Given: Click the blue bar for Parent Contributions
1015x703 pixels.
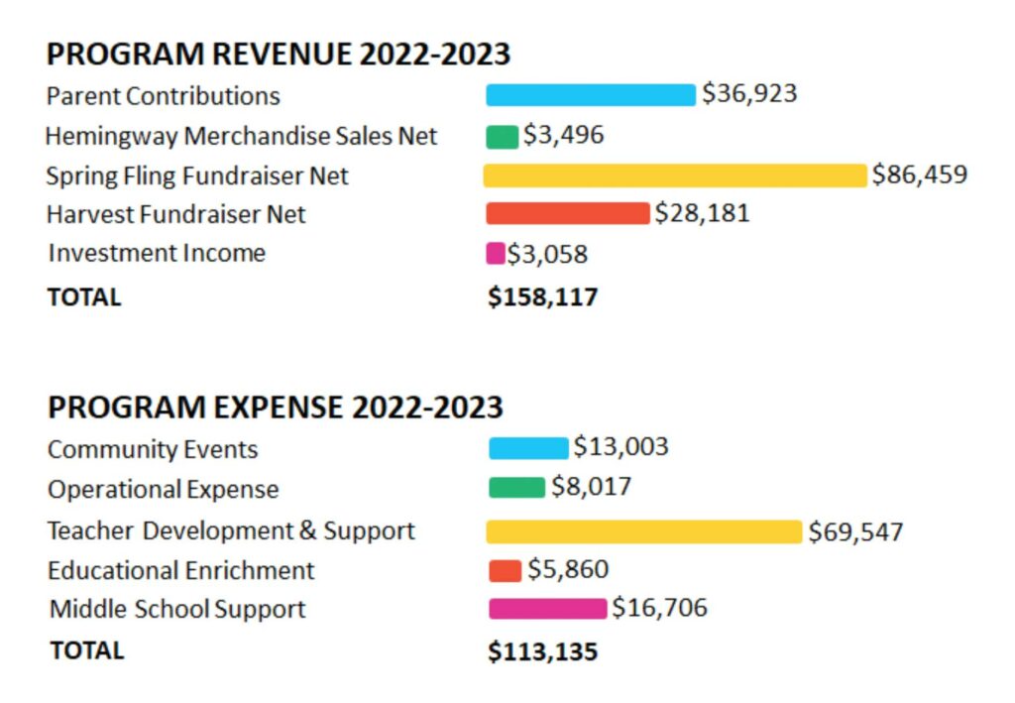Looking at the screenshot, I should point(591,95).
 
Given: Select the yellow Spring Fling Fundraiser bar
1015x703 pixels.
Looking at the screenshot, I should point(675,176).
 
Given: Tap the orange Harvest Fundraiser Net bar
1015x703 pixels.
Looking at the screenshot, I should point(567,214).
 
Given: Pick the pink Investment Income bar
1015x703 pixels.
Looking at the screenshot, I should point(496,254).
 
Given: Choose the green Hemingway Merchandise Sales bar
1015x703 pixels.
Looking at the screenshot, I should point(503,136).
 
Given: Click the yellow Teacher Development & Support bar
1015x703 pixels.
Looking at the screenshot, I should point(644,531).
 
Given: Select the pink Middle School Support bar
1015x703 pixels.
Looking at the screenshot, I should point(547,608).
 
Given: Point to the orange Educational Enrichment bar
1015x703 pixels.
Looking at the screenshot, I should point(506,570).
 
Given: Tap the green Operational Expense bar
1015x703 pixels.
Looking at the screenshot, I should point(516,487).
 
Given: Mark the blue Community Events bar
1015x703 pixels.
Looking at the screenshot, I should point(529,447).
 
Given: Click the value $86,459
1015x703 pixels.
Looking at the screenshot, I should point(920,176).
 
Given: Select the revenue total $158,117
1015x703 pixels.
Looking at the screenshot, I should point(543,296).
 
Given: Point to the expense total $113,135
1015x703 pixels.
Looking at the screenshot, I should point(543,651).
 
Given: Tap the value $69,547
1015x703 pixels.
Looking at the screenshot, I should point(855,531).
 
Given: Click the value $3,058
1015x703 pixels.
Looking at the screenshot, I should point(548,254).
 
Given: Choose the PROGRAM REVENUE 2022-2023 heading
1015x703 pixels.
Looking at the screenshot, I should point(279,54).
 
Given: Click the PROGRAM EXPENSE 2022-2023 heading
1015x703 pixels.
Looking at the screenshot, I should point(276,408).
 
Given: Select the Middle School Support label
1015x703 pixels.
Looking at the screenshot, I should point(177,609).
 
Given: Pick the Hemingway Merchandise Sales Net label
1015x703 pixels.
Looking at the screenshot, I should point(241,136).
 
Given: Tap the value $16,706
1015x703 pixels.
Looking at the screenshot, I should point(659,608).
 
